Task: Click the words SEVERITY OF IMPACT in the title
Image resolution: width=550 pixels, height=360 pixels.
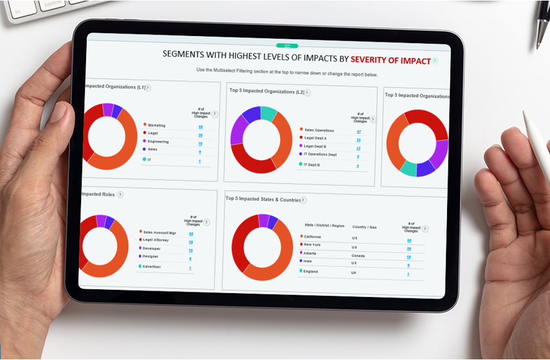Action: click(x=390, y=60)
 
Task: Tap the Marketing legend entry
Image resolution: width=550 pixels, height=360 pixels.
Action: click(x=156, y=125)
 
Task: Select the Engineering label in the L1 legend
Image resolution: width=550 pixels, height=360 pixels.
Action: click(x=158, y=141)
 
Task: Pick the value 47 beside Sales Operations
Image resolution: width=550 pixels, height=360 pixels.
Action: click(x=358, y=131)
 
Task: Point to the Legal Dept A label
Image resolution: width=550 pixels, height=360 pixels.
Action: click(x=315, y=138)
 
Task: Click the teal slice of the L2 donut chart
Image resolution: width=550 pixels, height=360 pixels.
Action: click(x=270, y=114)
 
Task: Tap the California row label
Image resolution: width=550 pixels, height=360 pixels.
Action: click(x=316, y=237)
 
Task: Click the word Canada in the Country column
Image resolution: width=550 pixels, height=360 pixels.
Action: click(x=358, y=255)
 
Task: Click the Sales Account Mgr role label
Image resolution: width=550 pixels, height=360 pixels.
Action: click(x=160, y=233)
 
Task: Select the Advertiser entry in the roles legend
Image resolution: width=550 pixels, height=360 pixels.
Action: click(x=152, y=266)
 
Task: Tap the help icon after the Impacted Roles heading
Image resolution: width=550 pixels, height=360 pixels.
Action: click(x=120, y=195)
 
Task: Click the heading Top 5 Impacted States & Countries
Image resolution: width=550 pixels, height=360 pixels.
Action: click(x=262, y=199)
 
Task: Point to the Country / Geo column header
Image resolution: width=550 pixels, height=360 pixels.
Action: click(x=365, y=226)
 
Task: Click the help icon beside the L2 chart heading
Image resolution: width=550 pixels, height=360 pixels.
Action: click(x=307, y=92)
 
